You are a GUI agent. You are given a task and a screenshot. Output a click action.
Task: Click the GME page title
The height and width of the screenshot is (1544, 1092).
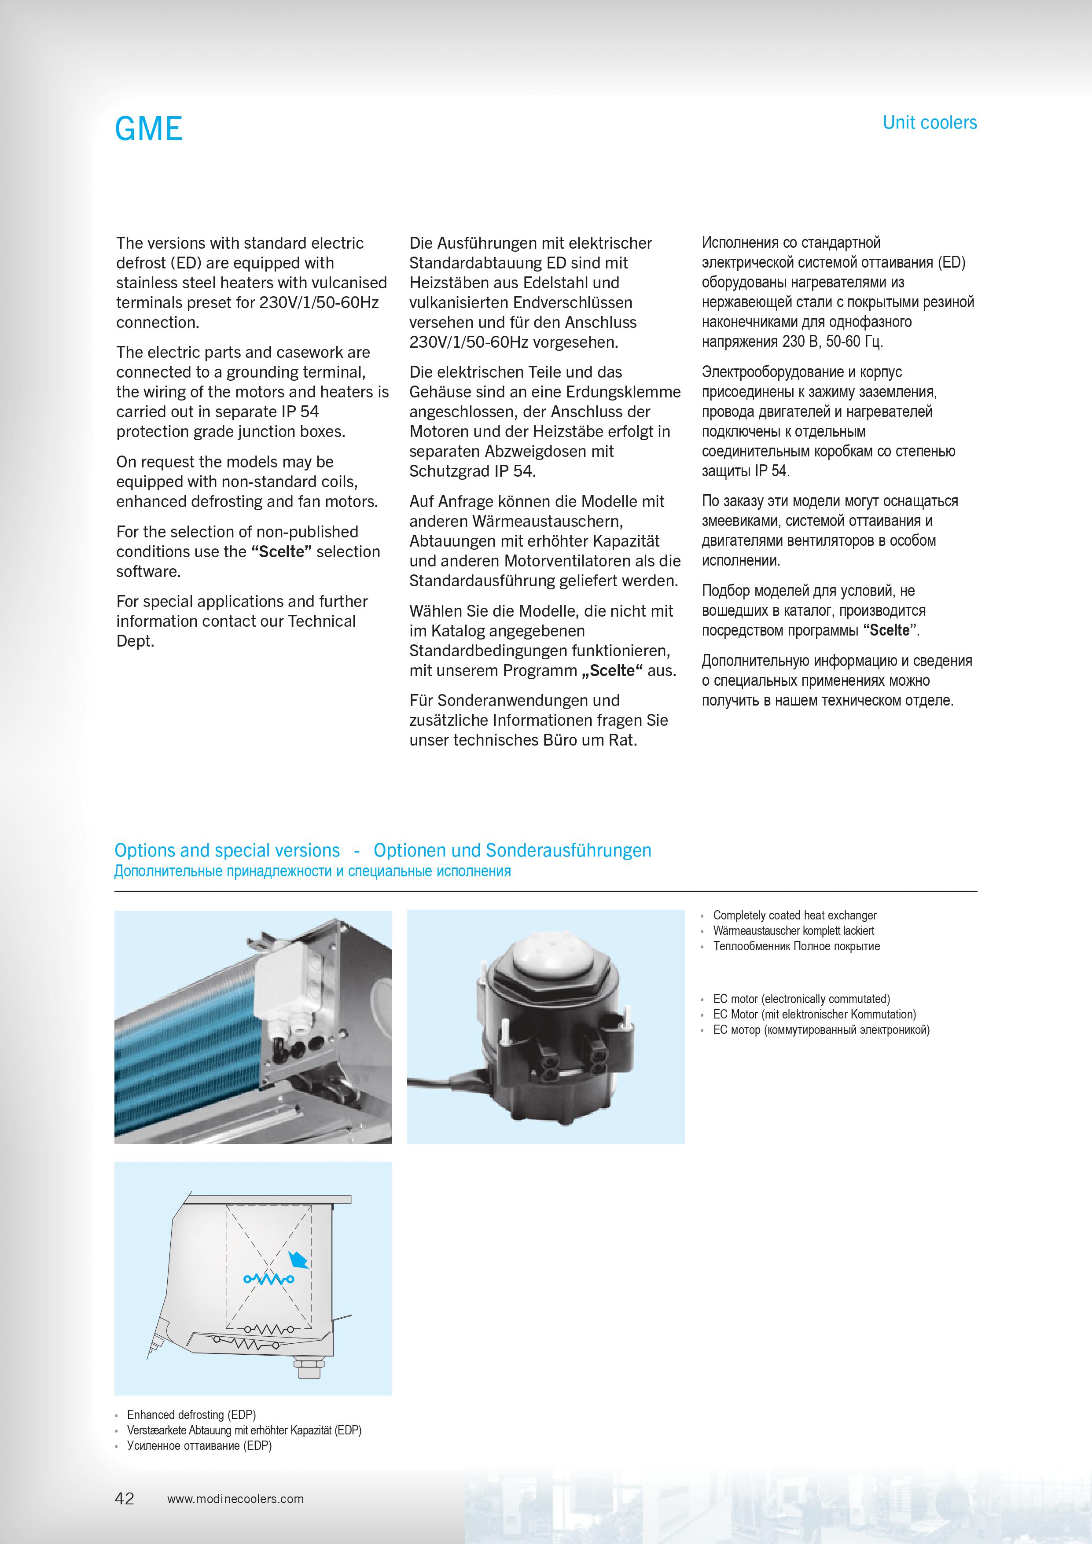coord(149,129)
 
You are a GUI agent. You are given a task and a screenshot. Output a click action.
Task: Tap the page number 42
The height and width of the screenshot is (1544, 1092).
coord(125,1498)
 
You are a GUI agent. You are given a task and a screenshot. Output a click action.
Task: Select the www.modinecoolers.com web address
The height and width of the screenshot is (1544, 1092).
coord(235,1499)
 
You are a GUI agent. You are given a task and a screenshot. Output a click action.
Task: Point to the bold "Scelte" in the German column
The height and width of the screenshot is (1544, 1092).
coord(612,670)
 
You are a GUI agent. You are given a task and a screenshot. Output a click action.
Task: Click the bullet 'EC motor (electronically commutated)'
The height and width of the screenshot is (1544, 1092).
coord(801,999)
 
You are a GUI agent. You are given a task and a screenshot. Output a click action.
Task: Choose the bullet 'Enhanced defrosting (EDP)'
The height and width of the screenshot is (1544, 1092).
coord(191,1415)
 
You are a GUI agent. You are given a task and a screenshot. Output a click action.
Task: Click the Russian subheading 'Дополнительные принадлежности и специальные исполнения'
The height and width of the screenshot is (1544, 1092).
coord(313,871)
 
